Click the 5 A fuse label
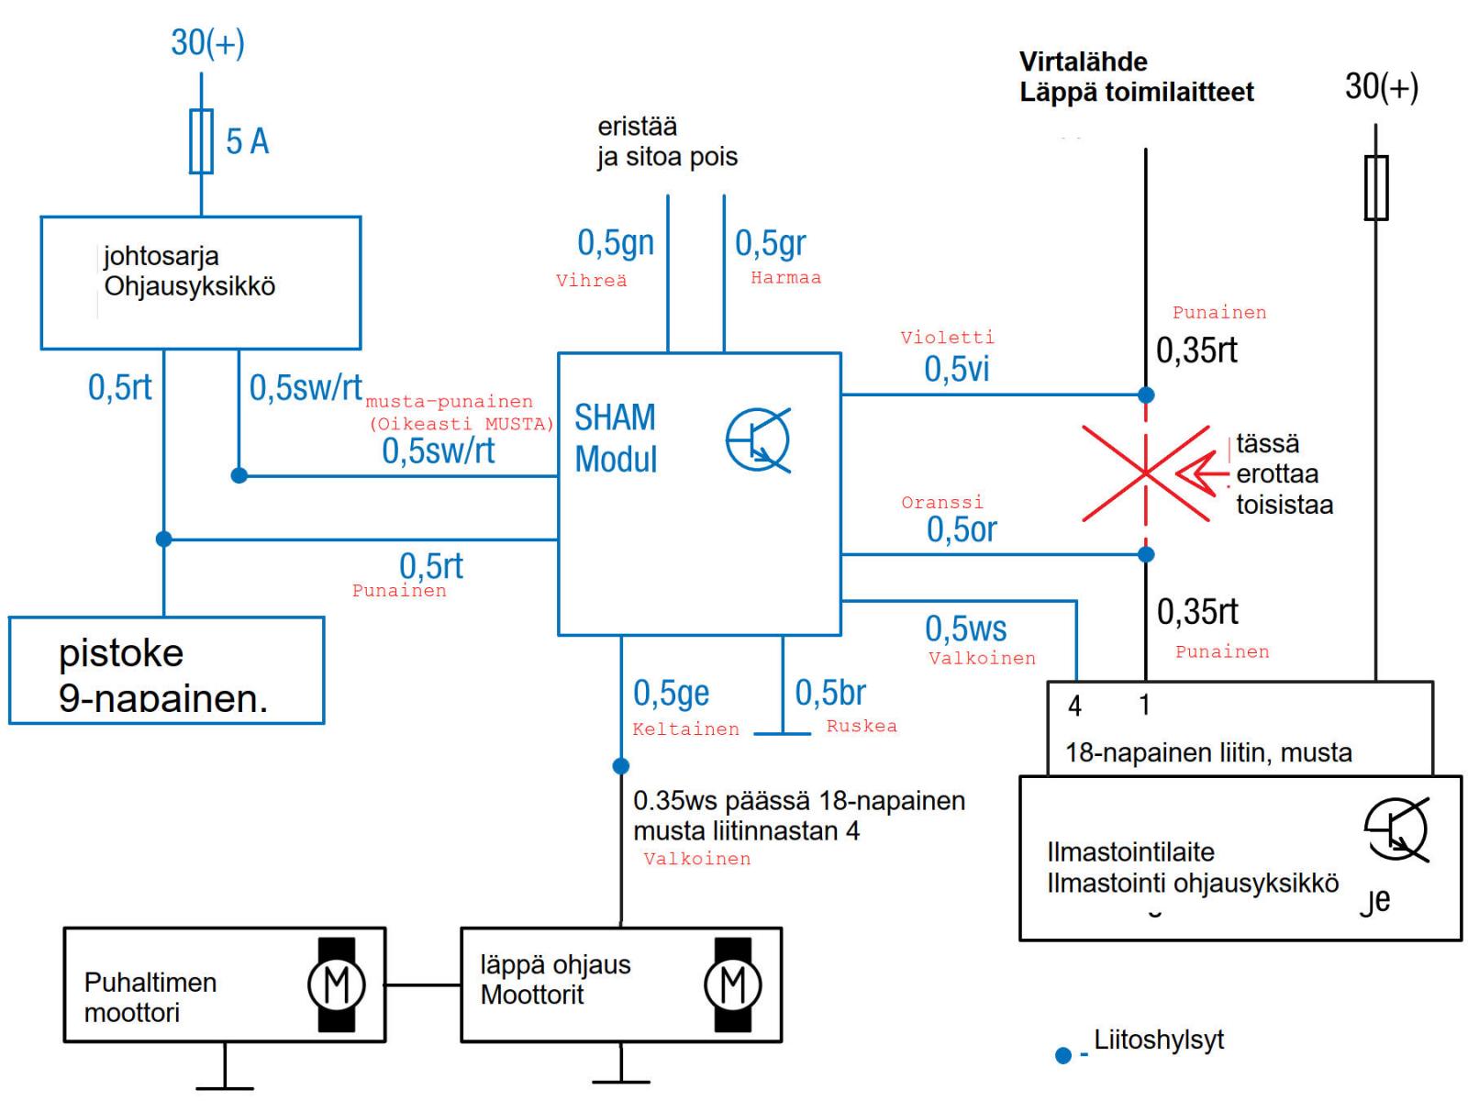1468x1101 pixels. click(247, 141)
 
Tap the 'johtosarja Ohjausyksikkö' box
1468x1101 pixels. click(200, 282)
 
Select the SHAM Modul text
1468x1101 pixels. click(616, 438)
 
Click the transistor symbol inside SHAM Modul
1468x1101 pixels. click(758, 441)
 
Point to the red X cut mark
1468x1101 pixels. click(1145, 473)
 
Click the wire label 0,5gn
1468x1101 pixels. click(616, 243)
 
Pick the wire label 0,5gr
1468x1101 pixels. click(770, 243)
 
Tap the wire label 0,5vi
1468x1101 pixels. click(956, 369)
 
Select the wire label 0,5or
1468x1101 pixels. click(962, 529)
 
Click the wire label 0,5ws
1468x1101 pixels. click(965, 628)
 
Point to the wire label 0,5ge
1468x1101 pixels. click(671, 693)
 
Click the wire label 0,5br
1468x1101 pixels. click(829, 693)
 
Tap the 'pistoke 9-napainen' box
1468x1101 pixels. click(166, 671)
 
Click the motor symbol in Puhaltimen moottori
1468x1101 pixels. click(337, 984)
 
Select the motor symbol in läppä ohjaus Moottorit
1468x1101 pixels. click(732, 984)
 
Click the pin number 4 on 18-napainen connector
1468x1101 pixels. click(1074, 706)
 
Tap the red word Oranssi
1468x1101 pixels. click(941, 503)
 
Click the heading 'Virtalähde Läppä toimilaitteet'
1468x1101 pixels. click(1136, 77)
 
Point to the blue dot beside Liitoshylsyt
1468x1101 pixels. click(1063, 1056)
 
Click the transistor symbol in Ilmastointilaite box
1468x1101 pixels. click(1396, 830)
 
